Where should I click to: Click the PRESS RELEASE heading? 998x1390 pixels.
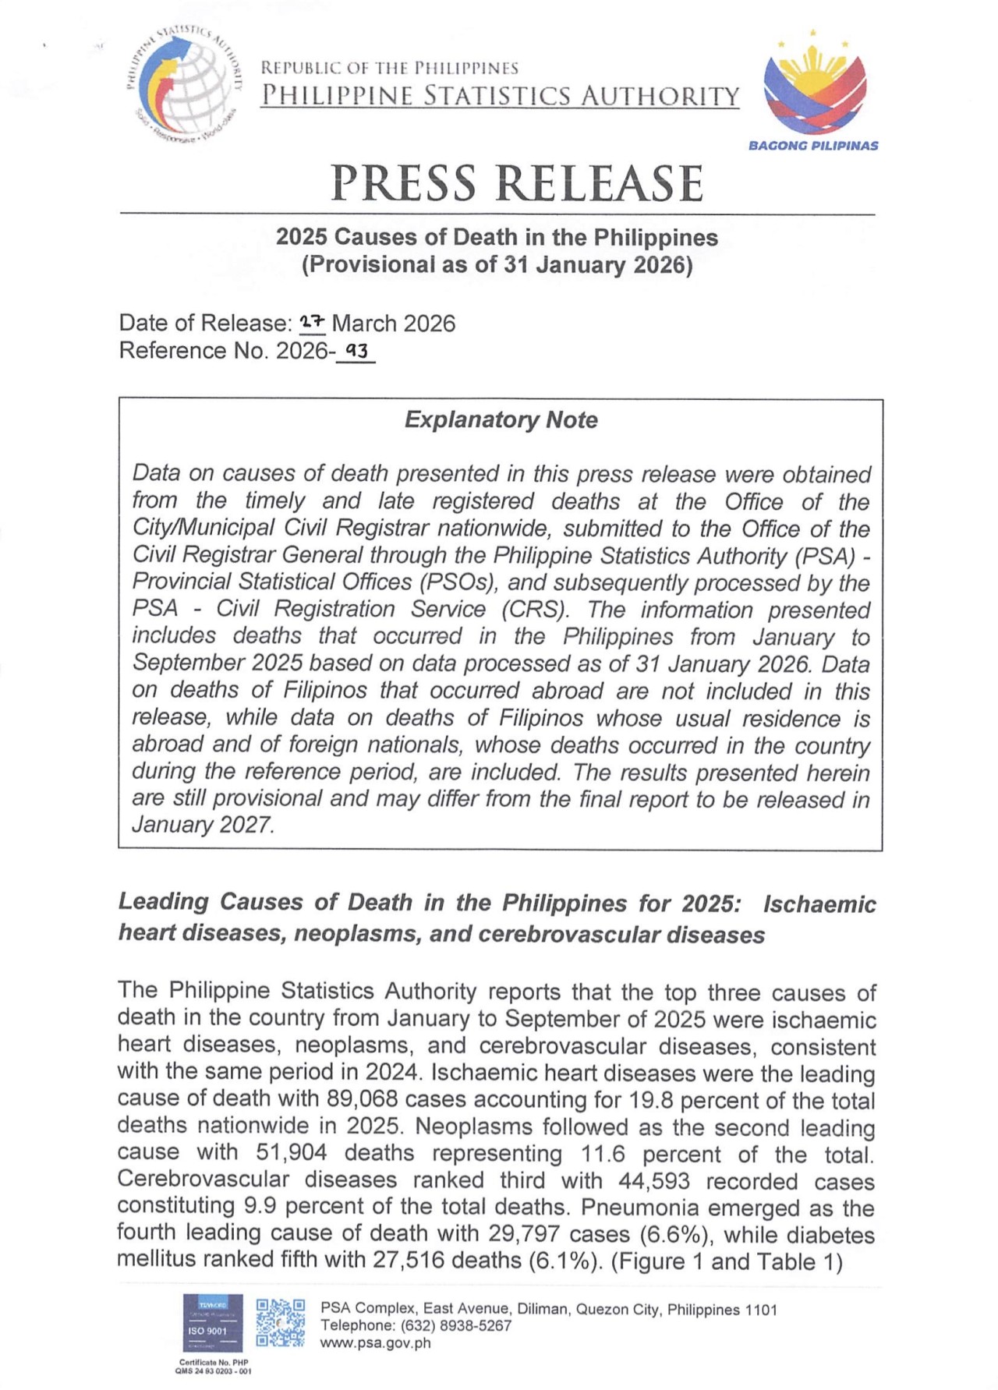517,183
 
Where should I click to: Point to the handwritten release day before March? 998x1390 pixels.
313,321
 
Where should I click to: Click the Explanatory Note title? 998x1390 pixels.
501,420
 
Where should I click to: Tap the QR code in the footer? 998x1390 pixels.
281,1323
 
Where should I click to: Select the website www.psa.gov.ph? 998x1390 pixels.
375,1343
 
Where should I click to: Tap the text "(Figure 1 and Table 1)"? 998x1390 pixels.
727,1261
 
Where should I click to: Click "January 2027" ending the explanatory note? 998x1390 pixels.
203,825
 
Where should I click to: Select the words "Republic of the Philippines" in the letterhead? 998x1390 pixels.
389,68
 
